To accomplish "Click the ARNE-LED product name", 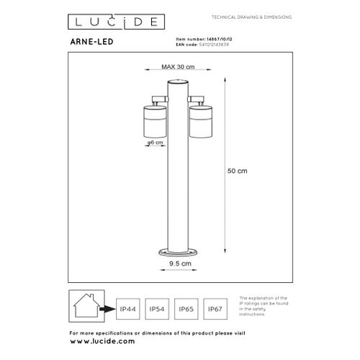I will pyautogui.click(x=91, y=42).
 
